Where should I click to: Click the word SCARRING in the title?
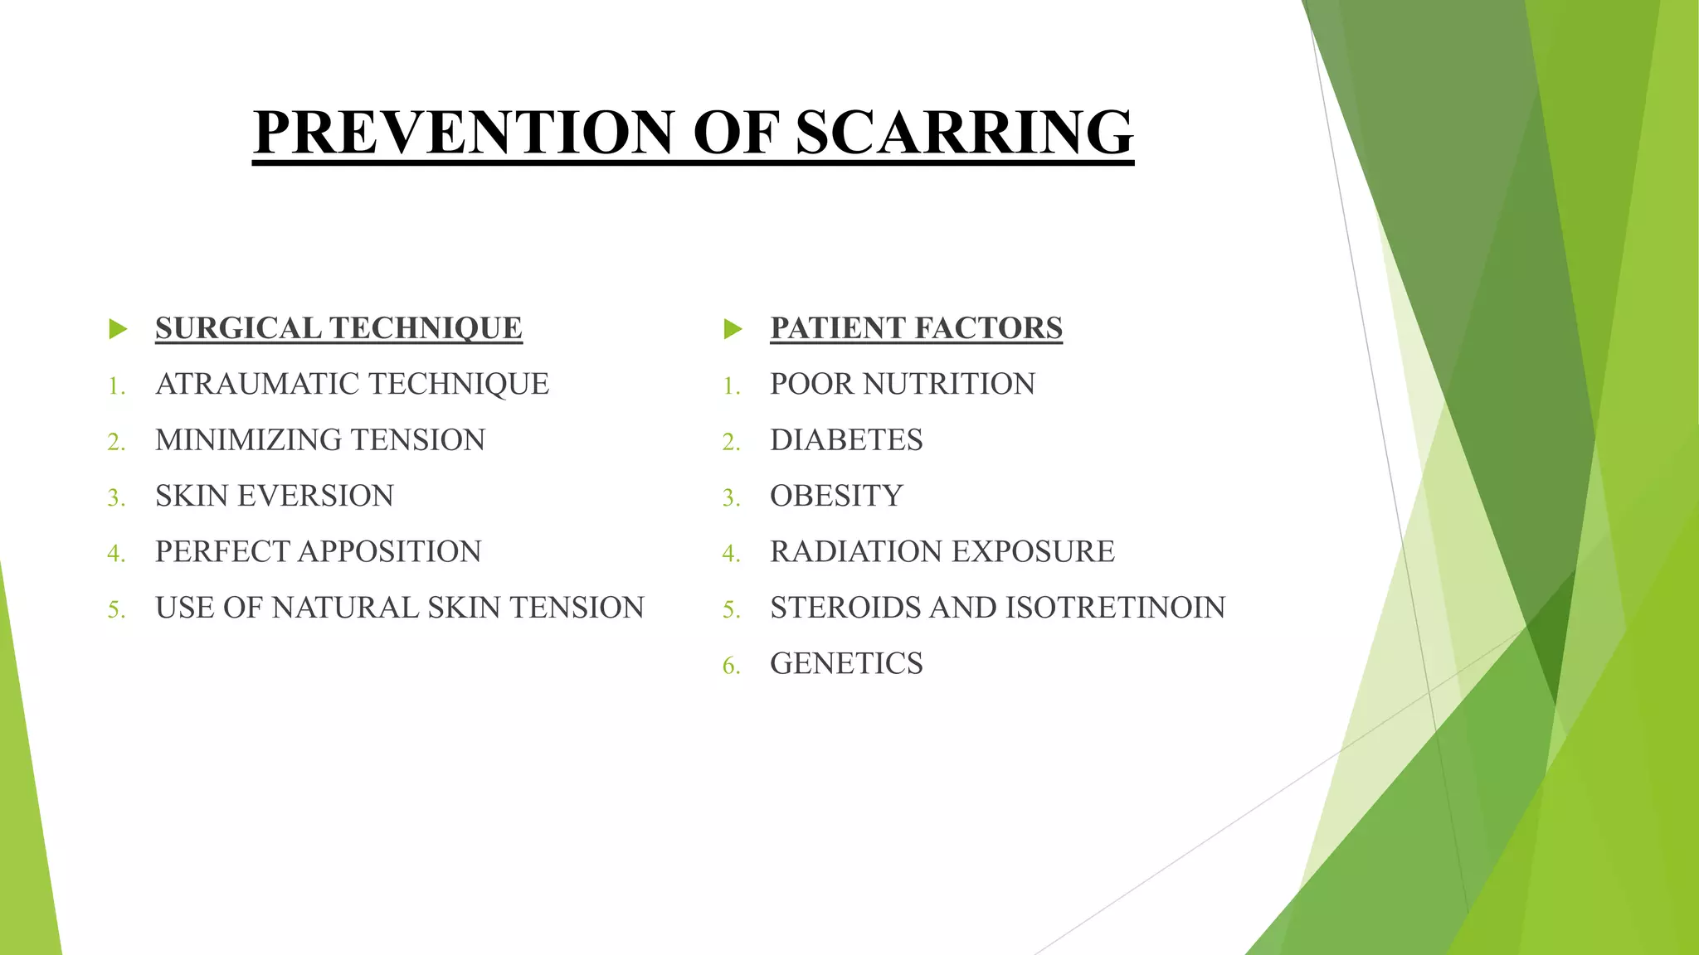click(x=964, y=133)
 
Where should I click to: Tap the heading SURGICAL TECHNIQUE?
click(x=338, y=328)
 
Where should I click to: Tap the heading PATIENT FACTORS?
click(x=916, y=328)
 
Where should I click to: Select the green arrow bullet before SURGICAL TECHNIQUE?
click(x=118, y=329)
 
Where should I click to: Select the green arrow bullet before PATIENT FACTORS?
click(x=733, y=329)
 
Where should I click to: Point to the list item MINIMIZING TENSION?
click(x=320, y=440)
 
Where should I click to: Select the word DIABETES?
click(x=846, y=440)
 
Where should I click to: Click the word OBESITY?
click(x=836, y=496)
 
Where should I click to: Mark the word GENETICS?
click(x=846, y=663)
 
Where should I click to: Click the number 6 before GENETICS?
click(x=729, y=666)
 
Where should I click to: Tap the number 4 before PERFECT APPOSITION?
click(x=114, y=554)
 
